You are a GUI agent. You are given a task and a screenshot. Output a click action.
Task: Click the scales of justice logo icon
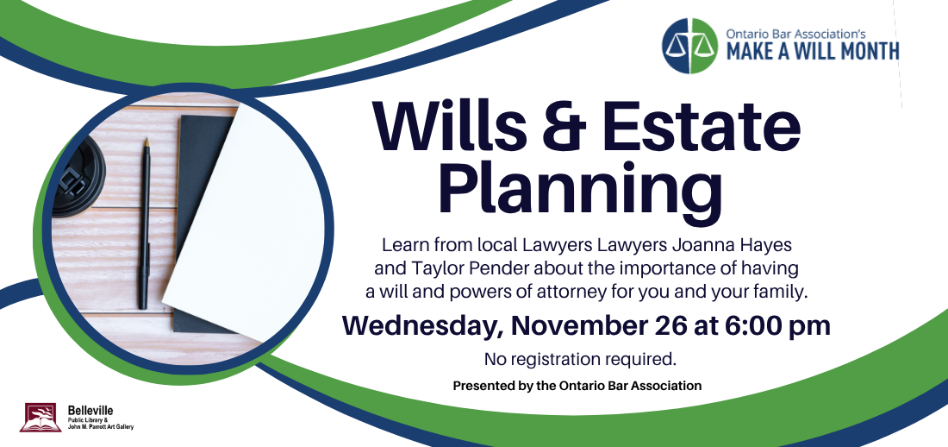tap(689, 46)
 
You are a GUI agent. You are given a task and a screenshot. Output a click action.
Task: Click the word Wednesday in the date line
tap(423, 327)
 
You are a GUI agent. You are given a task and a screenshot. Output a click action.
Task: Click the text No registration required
tap(580, 359)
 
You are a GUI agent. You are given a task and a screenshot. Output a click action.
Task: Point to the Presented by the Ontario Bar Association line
tap(577, 385)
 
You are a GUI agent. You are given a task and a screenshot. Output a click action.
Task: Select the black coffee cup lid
tap(78, 175)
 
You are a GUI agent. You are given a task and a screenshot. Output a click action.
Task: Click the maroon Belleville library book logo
tap(41, 418)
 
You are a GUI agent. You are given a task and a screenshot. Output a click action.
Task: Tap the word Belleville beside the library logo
tap(90, 411)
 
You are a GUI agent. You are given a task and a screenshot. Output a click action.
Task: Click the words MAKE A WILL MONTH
tap(813, 52)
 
